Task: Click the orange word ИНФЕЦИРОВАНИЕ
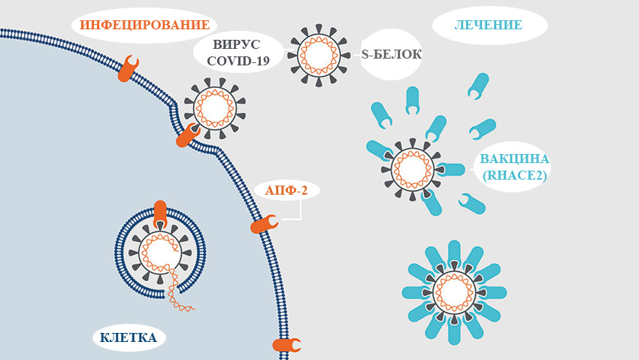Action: (144, 25)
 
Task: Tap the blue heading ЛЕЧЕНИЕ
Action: (488, 25)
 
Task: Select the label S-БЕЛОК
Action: (391, 54)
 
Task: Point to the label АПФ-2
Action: (286, 190)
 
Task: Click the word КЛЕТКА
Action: (129, 337)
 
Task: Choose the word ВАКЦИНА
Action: (515, 159)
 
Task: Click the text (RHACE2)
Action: (515, 175)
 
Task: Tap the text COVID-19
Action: (238, 61)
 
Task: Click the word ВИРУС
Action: (236, 44)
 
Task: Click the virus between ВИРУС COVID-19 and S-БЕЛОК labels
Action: (319, 56)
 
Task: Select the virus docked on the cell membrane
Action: (215, 108)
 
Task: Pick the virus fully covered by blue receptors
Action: (454, 292)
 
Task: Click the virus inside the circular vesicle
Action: (159, 253)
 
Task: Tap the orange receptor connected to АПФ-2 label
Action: (264, 224)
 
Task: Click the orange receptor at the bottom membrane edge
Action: (286, 345)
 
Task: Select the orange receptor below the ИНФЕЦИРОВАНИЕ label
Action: (128, 68)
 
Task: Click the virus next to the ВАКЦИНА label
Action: (413, 169)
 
